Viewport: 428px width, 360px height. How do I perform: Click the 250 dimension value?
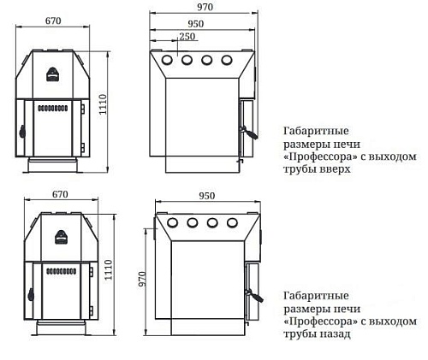tap(187, 37)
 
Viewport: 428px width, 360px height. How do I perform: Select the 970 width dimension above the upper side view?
tap(205, 7)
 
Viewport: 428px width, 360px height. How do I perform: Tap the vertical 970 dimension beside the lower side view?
tap(142, 279)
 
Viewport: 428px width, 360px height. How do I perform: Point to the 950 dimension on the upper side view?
tap(196, 24)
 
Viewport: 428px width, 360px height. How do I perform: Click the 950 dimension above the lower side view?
tap(206, 196)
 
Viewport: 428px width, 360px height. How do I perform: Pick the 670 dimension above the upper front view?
tap(53, 21)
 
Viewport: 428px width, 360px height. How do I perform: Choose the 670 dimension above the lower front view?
tap(60, 194)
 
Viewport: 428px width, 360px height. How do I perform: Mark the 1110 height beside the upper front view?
tap(103, 104)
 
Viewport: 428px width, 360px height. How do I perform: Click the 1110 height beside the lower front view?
tap(109, 270)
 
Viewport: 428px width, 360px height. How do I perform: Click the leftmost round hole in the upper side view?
tap(167, 60)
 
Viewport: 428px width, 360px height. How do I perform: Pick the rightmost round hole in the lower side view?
tap(233, 222)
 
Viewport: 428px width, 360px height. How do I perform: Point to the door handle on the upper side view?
tap(250, 133)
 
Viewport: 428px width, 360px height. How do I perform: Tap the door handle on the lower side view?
tap(255, 295)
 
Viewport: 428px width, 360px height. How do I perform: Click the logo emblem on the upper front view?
tap(52, 74)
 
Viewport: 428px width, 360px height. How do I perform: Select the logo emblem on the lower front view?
tap(61, 237)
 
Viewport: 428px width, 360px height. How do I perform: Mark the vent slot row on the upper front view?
tap(53, 109)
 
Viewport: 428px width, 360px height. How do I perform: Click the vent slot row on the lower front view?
tap(62, 271)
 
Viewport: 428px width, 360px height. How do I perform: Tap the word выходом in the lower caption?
tap(393, 322)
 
